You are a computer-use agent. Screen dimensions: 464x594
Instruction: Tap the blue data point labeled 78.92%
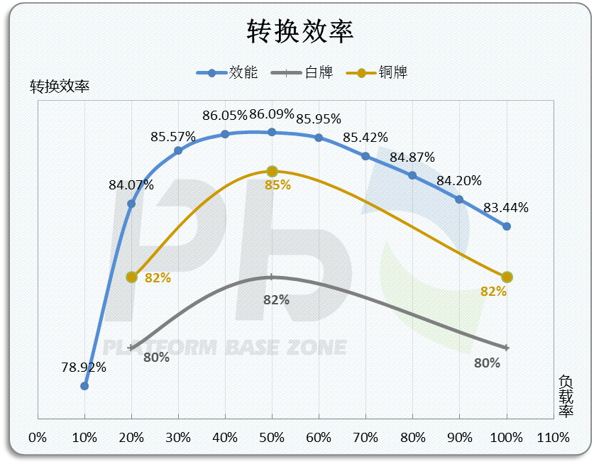[x=84, y=386]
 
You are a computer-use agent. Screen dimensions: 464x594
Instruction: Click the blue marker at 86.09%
[x=272, y=132]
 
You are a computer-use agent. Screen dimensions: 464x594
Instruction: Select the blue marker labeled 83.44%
[x=507, y=226]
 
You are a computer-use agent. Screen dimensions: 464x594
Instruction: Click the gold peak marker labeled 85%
[x=272, y=171]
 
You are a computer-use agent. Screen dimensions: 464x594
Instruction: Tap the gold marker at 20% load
[x=131, y=277]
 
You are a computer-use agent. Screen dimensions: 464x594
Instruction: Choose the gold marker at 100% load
[x=507, y=277]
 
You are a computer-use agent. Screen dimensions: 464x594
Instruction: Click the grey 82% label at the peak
[x=276, y=300]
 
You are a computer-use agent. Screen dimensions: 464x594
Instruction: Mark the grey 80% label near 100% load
[x=488, y=363]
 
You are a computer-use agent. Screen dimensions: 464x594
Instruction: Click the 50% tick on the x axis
[x=272, y=438]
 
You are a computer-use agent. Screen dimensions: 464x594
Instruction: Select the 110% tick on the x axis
[x=553, y=438]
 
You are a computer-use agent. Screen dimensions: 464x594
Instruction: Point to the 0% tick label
[x=38, y=438]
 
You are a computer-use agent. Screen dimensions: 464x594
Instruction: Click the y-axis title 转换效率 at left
[x=60, y=87]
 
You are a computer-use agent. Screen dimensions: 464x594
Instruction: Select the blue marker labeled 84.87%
[x=412, y=175]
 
